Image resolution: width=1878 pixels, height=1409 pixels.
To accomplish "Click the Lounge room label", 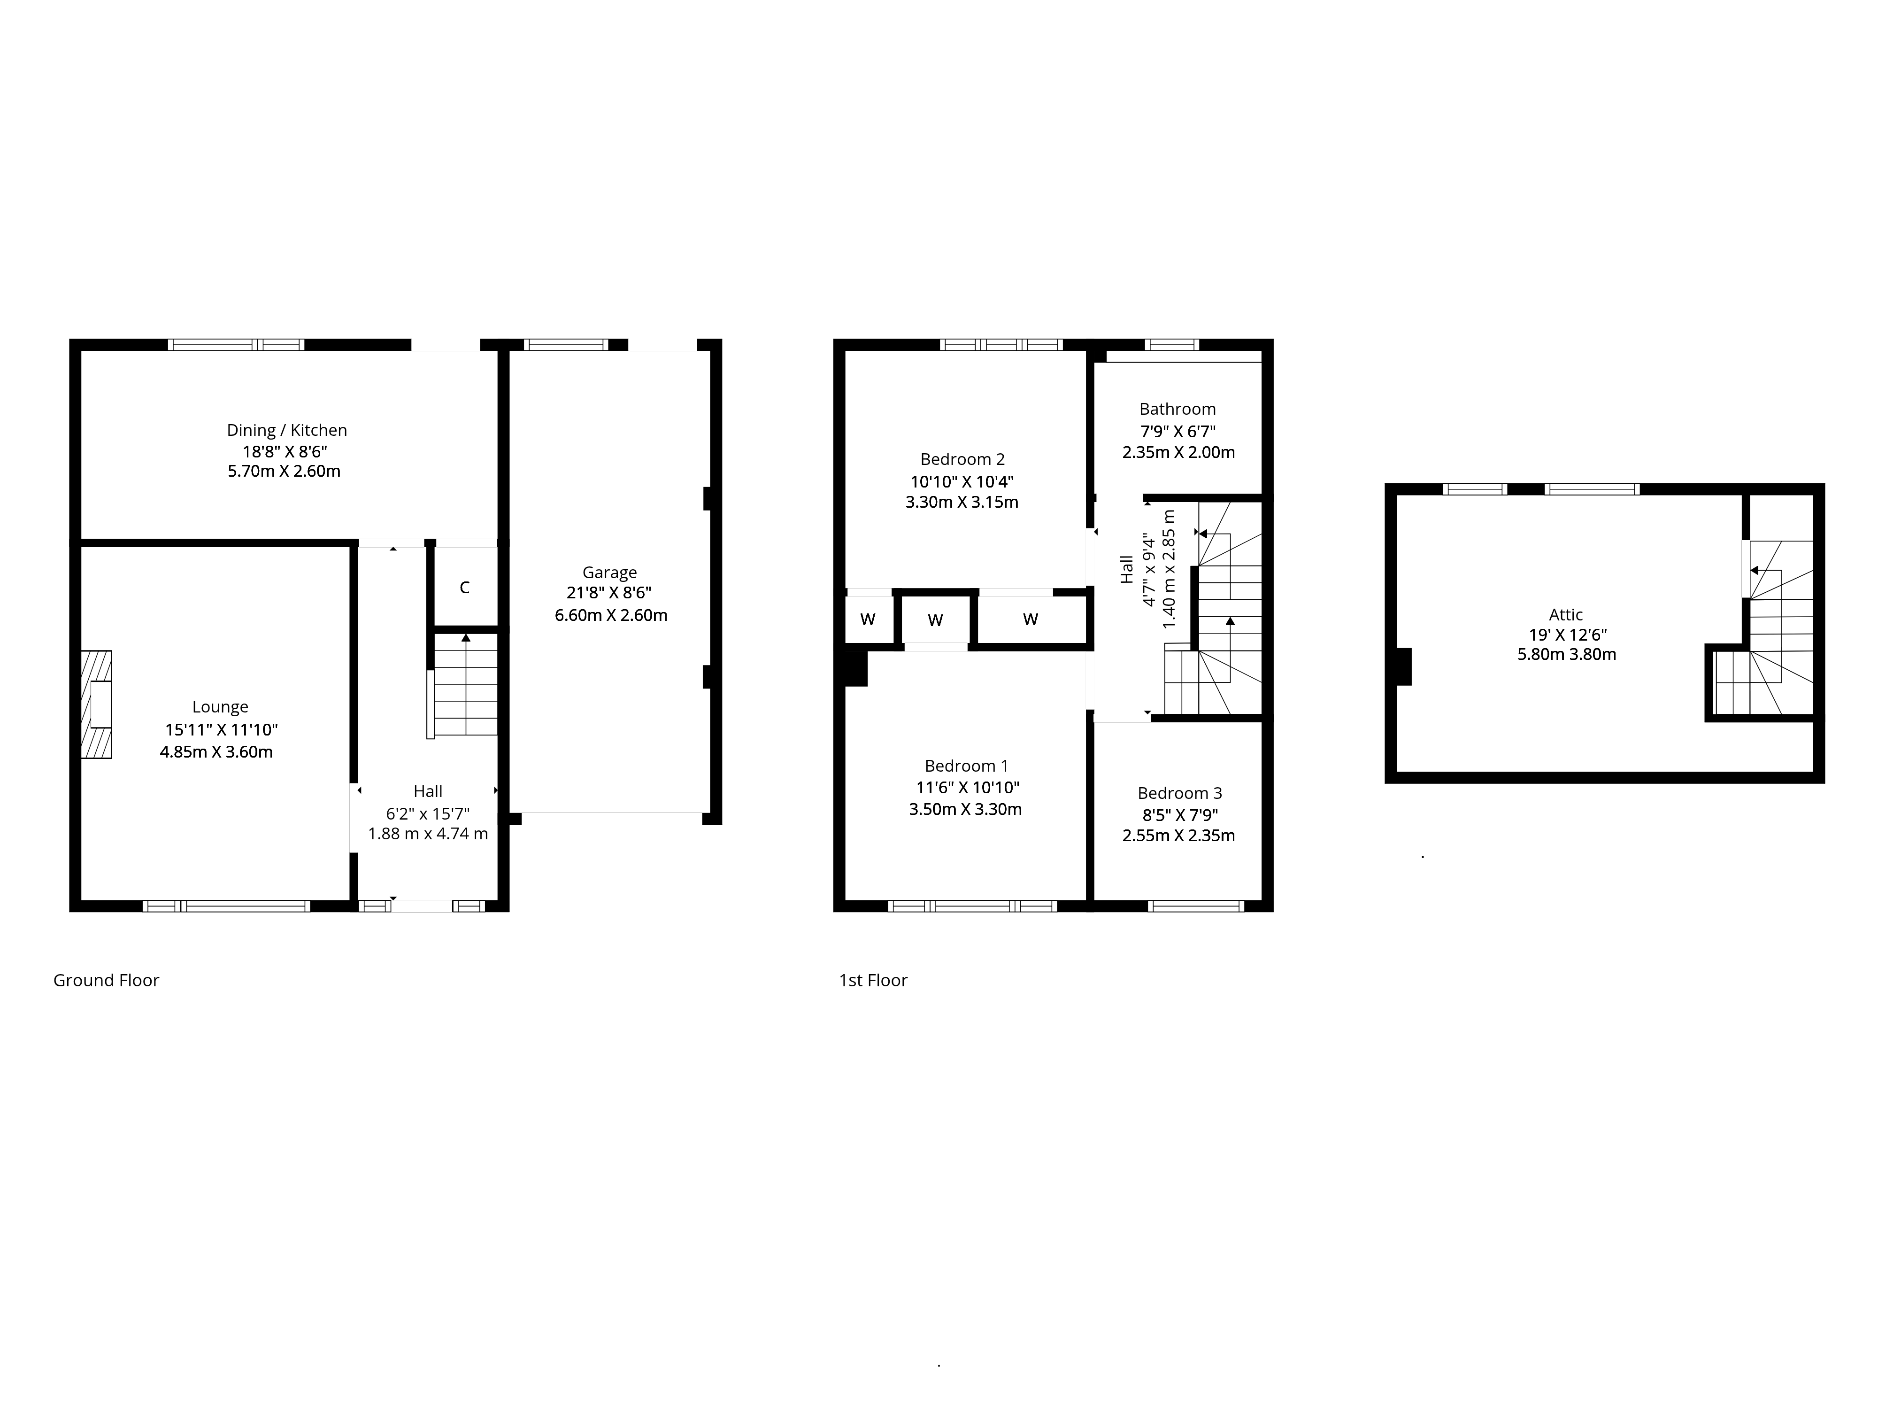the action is pyautogui.click(x=220, y=707).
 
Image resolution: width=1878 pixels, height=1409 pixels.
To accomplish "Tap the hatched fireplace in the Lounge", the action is pyautogui.click(x=96, y=704).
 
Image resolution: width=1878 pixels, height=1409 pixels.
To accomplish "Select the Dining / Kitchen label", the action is pyautogui.click(x=287, y=431).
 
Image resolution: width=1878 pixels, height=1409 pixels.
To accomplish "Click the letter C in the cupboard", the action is pyautogui.click(x=464, y=588).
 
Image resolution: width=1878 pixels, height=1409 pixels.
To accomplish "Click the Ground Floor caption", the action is pyautogui.click(x=106, y=980).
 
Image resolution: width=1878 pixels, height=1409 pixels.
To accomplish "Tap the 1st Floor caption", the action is pyautogui.click(x=874, y=980).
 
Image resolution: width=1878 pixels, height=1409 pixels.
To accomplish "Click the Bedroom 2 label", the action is pyautogui.click(x=963, y=459).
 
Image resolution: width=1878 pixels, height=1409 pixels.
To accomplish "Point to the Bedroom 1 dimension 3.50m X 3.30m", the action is pyautogui.click(x=965, y=809).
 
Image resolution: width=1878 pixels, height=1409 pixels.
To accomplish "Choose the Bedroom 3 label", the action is pyautogui.click(x=1180, y=793).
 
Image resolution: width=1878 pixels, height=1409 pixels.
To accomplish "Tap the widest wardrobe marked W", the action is pyautogui.click(x=1031, y=619).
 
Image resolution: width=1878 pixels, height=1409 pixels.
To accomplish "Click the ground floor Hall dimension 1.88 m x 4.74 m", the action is pyautogui.click(x=428, y=834).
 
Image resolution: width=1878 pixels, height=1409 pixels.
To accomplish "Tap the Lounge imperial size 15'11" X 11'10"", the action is pyautogui.click(x=222, y=729).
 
